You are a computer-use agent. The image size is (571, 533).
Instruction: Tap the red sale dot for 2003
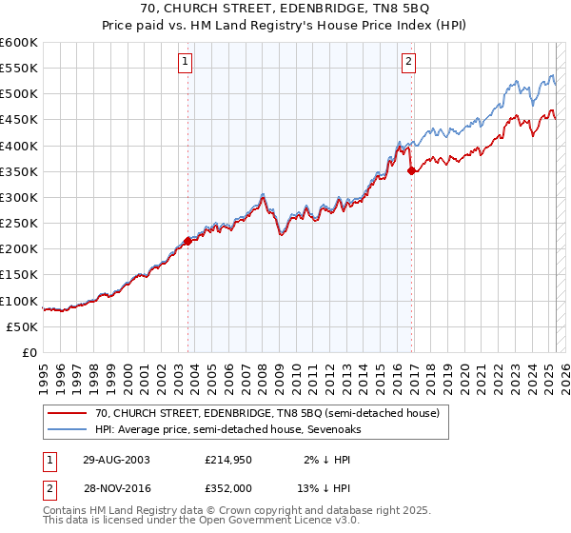coord(187,241)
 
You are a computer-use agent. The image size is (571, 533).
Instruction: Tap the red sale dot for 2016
coord(412,170)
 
